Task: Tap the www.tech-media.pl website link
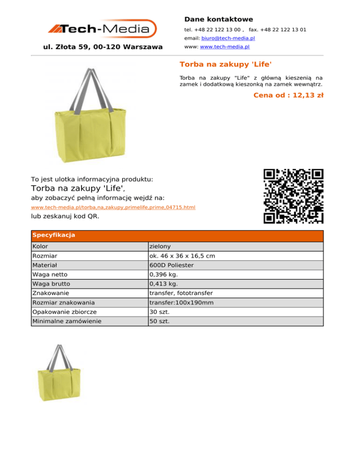(225, 47)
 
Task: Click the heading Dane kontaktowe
(218, 19)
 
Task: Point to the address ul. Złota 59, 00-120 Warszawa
(103, 47)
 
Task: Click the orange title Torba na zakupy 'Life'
(226, 64)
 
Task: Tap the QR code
(293, 196)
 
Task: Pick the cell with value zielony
(160, 247)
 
